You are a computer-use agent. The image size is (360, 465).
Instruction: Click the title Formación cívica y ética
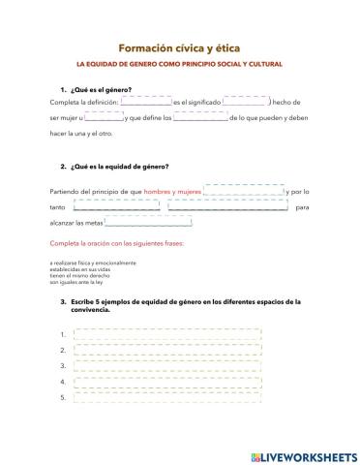pyautogui.click(x=179, y=46)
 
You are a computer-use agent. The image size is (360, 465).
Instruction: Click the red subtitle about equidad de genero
pyautogui.click(x=179, y=65)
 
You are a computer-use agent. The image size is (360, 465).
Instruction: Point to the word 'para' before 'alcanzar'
pyautogui.click(x=301, y=207)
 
